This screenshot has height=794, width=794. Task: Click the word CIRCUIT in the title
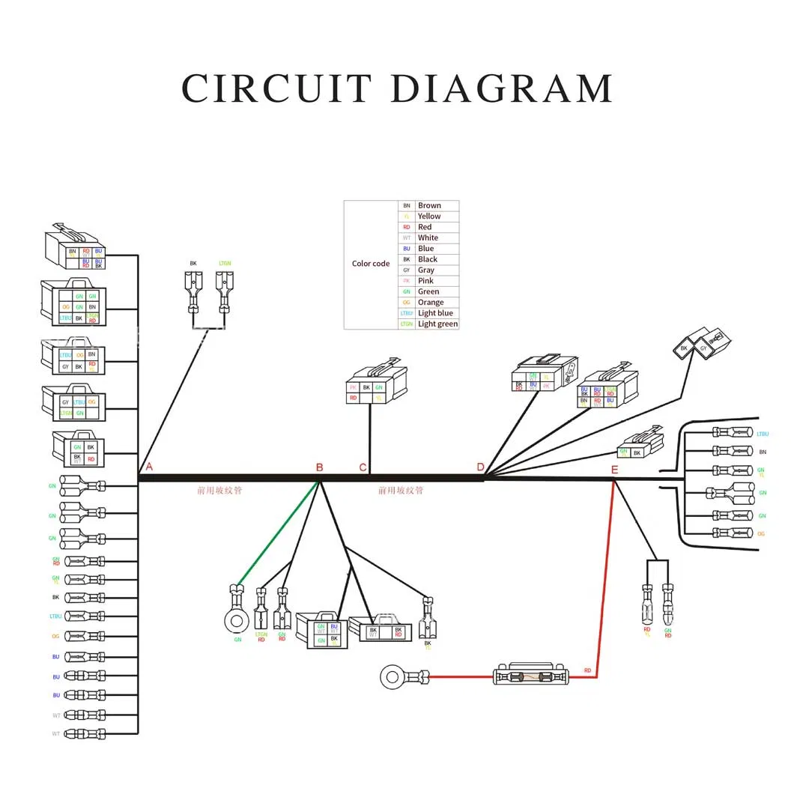click(276, 88)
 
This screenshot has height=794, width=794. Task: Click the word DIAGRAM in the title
click(502, 88)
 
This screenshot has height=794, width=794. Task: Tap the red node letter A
click(149, 467)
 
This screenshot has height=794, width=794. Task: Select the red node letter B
click(319, 467)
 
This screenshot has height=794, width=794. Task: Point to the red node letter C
click(363, 467)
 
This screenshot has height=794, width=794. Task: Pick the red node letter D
click(480, 467)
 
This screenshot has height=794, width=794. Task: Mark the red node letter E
click(614, 470)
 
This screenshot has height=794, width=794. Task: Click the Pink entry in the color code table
click(425, 281)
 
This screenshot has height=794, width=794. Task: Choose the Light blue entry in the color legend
click(435, 313)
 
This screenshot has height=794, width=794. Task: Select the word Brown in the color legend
click(429, 205)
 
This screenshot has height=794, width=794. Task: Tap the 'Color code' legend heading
click(371, 264)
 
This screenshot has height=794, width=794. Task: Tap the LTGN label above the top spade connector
click(224, 264)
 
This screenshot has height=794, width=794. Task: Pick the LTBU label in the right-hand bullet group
click(763, 434)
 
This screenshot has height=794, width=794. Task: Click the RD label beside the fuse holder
click(587, 670)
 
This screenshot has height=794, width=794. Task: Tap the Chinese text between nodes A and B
click(219, 491)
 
